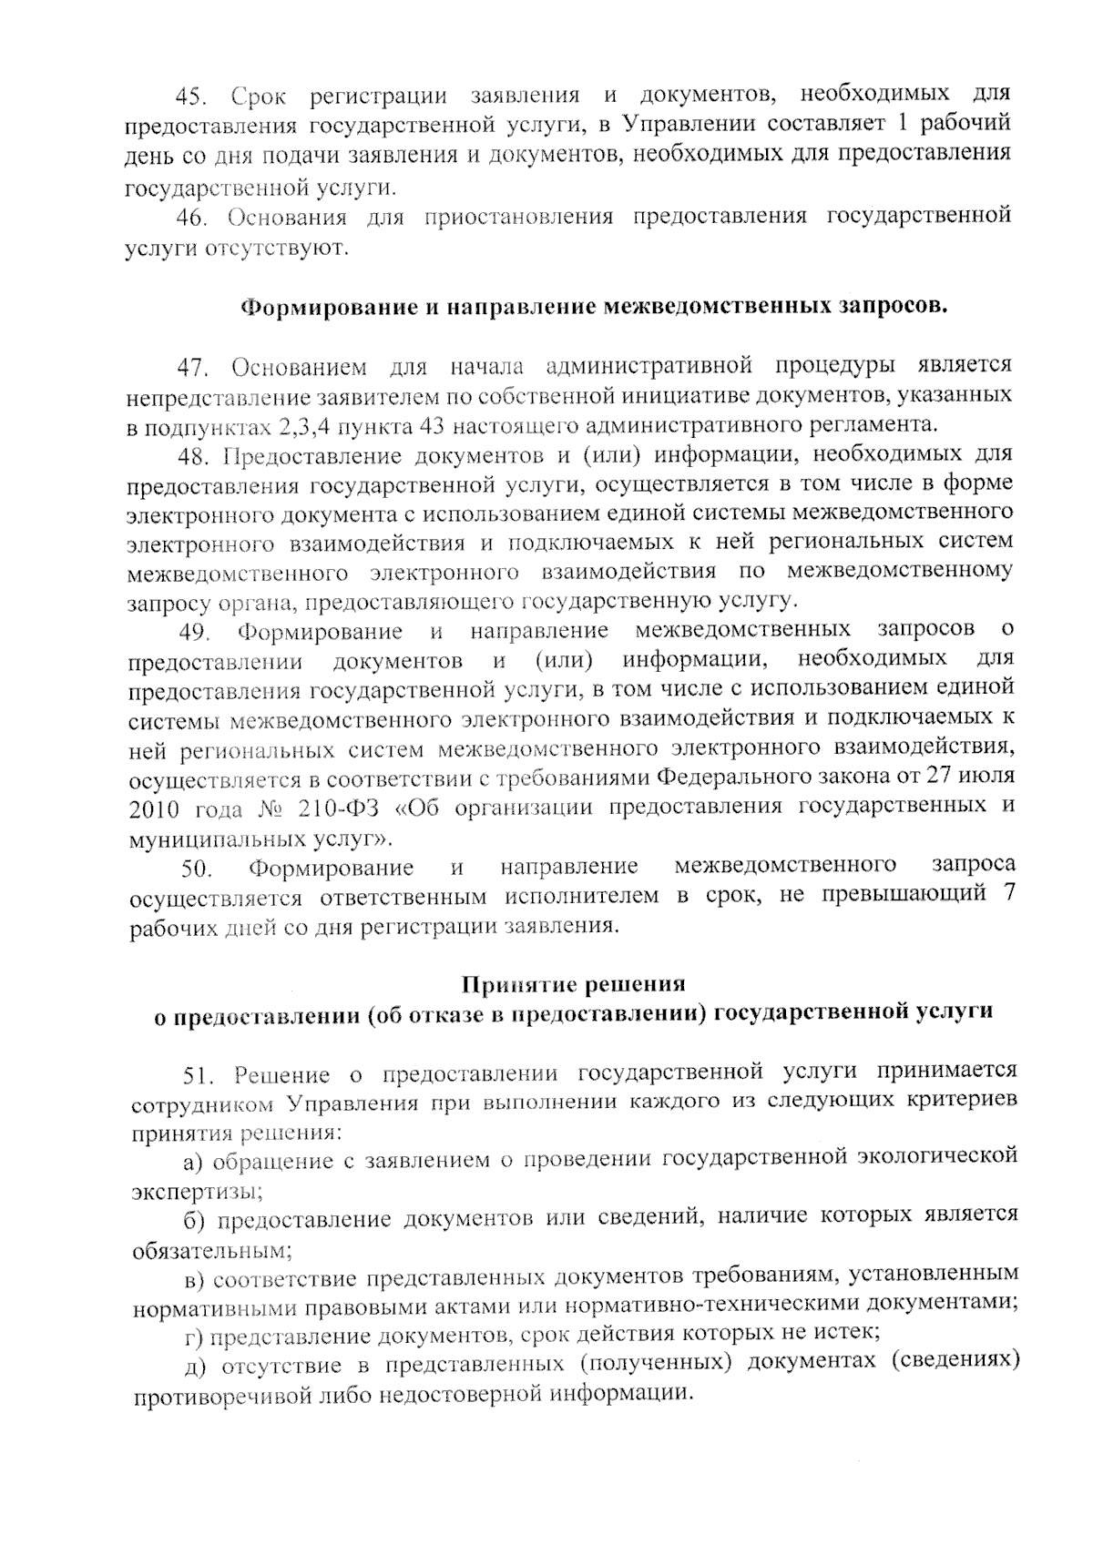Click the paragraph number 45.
[x=194, y=96]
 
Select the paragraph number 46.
[x=194, y=219]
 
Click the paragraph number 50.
[x=197, y=869]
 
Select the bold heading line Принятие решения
[x=573, y=984]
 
